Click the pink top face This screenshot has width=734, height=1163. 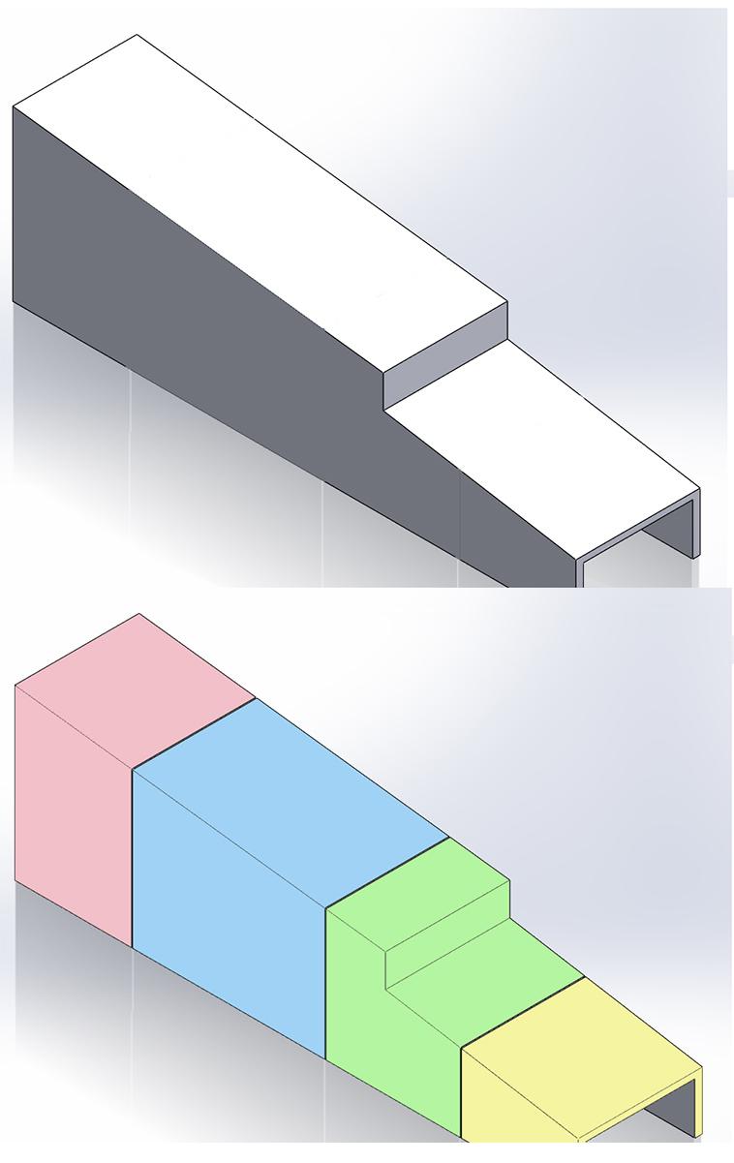tap(136, 689)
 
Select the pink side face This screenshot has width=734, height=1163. tap(73, 813)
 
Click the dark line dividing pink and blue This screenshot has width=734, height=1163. tap(194, 733)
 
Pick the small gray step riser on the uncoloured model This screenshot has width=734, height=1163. tap(445, 358)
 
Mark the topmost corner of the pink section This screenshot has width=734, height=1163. tap(138, 614)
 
